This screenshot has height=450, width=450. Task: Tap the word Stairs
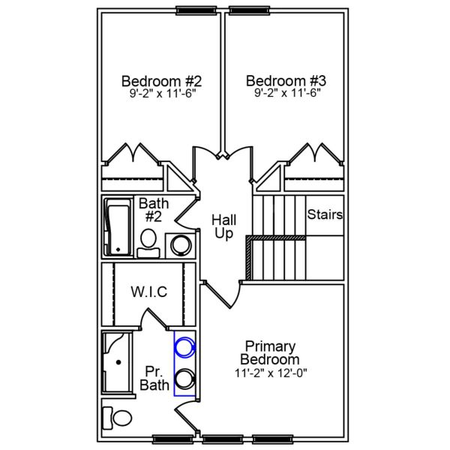point(325,215)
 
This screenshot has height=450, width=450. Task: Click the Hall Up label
point(223,226)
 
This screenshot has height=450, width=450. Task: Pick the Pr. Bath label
point(154,379)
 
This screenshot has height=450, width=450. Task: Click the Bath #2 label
point(154,210)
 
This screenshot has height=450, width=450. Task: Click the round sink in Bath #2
point(180,244)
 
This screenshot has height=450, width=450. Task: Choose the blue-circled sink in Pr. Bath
point(184,347)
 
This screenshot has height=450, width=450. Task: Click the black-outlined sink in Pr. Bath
point(184,379)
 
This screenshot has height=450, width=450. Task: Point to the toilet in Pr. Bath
point(117,416)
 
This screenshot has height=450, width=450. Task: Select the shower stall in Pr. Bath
point(117,363)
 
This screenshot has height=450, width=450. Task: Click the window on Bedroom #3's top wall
point(250,10)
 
